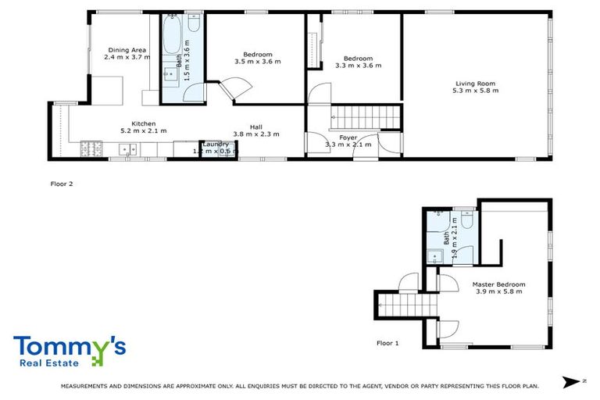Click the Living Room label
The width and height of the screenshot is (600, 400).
point(475,84)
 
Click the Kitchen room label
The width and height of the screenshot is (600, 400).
point(143,123)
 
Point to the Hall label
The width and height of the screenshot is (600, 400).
point(256,127)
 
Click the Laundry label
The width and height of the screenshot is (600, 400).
point(215,144)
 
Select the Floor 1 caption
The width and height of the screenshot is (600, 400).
point(387,343)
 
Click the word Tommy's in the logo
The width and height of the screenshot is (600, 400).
point(70,346)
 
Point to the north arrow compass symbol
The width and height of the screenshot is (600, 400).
point(573,381)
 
